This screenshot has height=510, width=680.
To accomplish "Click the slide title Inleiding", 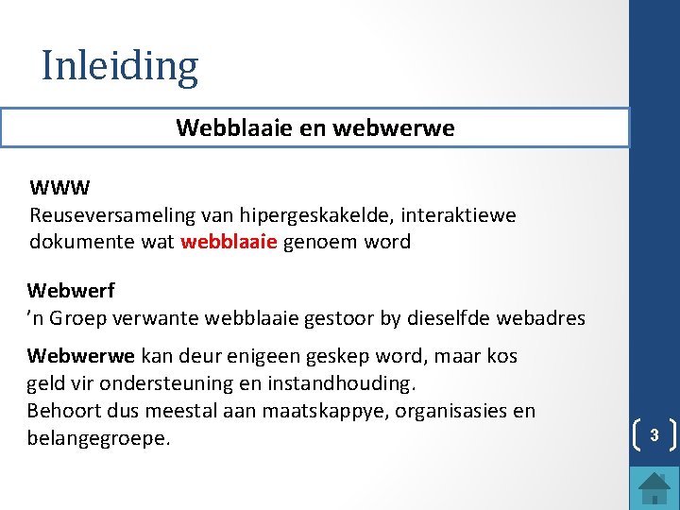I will pos(120,66).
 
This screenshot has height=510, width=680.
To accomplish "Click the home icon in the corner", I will pos(654,488).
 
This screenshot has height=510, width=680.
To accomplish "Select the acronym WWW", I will pos(59,188).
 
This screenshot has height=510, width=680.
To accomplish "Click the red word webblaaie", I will pos(229,242).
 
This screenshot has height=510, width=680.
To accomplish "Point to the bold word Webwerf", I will pos(71,290).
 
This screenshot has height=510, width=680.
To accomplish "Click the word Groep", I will pos(78,318).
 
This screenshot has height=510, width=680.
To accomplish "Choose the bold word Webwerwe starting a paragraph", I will pos(81,356).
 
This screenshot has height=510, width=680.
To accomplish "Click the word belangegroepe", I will pos(99,439).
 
